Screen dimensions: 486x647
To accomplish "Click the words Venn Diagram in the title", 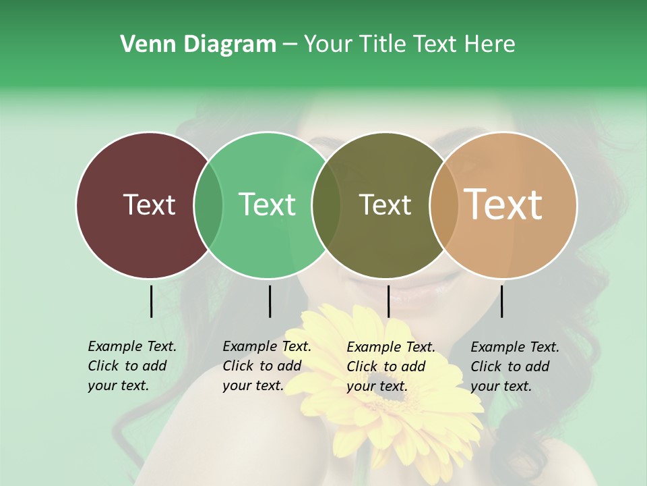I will click(x=198, y=45).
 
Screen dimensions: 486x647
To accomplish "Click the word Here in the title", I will click(x=491, y=45).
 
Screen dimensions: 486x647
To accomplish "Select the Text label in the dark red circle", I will click(x=149, y=205).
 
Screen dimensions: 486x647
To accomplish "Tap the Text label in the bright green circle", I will click(x=267, y=205).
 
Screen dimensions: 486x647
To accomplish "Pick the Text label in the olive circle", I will click(x=385, y=205).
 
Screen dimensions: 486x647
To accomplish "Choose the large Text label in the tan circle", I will click(x=503, y=205).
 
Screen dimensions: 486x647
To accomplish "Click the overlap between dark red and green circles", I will click(x=208, y=205).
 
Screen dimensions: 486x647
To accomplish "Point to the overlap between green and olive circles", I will click(x=326, y=205).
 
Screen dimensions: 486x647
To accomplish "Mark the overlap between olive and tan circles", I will click(x=444, y=205).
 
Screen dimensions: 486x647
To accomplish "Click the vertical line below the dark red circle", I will click(x=151, y=301).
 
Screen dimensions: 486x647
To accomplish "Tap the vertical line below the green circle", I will click(x=270, y=301).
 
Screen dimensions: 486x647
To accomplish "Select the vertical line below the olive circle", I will click(x=388, y=301).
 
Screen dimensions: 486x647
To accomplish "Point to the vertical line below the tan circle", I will click(x=501, y=301).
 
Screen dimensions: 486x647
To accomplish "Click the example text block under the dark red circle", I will click(x=132, y=366).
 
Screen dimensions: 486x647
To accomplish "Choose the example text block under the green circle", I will click(x=267, y=366).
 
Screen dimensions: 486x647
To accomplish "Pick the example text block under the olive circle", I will click(x=391, y=367).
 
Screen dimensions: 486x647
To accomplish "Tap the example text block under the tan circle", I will click(x=515, y=367).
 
